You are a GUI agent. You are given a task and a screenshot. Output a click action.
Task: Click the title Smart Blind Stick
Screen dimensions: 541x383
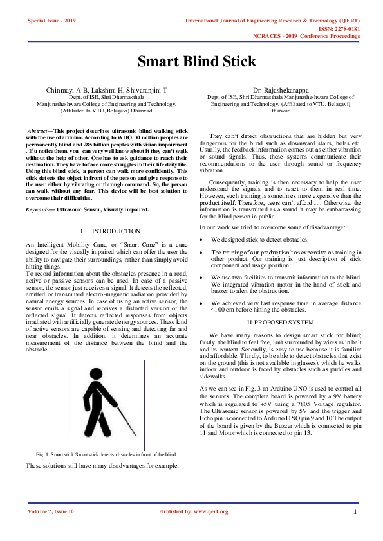[x=197, y=62]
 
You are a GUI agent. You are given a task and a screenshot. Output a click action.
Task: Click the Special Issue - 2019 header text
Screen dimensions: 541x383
[x=51, y=21]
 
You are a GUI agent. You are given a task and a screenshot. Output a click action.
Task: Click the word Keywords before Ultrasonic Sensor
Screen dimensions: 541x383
[x=40, y=209]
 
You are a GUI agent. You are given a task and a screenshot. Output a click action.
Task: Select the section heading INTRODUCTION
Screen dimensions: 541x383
[x=116, y=231]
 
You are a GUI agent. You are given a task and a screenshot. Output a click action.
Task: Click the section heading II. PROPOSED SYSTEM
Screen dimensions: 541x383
[x=280, y=321]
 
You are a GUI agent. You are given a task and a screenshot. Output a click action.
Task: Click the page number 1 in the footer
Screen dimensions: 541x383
[x=355, y=511]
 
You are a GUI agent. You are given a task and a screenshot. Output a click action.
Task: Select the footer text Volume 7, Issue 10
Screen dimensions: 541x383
[x=51, y=511]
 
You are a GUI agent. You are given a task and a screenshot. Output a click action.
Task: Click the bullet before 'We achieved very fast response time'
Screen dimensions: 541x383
[x=203, y=302]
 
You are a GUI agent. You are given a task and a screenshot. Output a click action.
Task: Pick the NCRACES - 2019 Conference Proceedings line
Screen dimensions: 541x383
[x=306, y=37]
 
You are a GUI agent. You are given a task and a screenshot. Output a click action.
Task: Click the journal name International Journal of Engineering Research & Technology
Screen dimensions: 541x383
[x=272, y=21]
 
